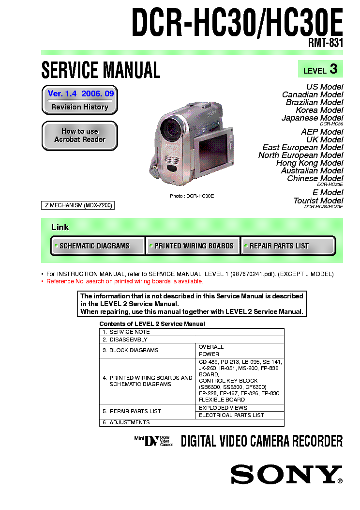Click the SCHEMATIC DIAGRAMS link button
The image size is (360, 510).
coord(98,246)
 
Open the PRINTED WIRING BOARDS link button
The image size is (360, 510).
coord(193,246)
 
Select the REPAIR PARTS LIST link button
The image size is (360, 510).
coord(287,246)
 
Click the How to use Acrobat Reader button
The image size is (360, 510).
coord(80,136)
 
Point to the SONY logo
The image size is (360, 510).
coord(285,474)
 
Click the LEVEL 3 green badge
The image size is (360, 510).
coord(320,69)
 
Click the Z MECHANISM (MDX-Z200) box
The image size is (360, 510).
coord(78,205)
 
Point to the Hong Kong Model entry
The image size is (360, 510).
coord(310,163)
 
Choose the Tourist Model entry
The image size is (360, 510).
coord(318,201)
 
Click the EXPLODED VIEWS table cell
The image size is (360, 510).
coord(223,408)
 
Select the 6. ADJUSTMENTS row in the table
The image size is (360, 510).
coord(192,422)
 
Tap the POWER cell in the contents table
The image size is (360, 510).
coord(209,354)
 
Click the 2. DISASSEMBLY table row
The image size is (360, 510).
coord(192,340)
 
